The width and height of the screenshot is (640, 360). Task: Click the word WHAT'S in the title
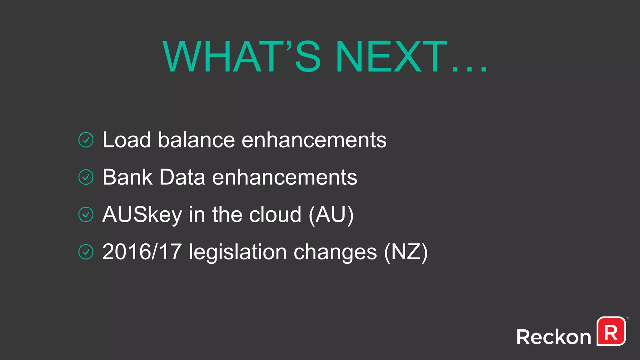pos(242,57)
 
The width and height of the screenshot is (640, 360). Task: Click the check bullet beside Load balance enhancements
pos(86,140)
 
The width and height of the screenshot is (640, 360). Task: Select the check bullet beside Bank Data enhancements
pos(86,177)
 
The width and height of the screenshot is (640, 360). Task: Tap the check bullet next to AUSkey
pos(86,214)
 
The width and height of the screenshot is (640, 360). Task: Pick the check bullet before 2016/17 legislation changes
pos(86,252)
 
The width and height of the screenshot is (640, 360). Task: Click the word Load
pos(127,140)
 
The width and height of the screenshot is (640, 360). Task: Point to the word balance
pos(196,140)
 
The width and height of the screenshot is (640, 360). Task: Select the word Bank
pos(127,177)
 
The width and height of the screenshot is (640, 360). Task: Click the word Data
pos(182,177)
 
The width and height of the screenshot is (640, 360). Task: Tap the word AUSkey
pos(142,215)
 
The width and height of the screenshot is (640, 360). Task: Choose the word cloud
pos(275,214)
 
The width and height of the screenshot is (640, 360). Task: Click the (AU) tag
pos(331,215)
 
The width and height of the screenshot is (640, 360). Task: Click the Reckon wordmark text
pos(553,337)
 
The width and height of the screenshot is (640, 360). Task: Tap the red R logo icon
pos(611,331)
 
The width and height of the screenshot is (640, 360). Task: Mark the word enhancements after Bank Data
pos(284,177)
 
